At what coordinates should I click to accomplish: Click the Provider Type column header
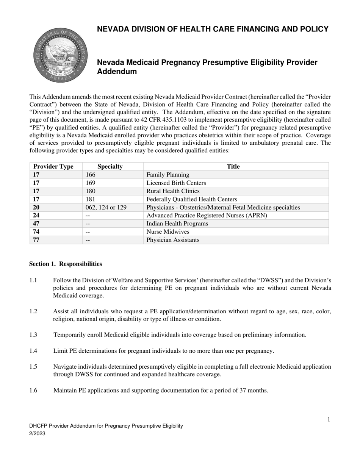tap(53, 166)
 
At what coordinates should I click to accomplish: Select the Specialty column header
tap(110, 166)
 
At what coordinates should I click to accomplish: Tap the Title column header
tap(233, 166)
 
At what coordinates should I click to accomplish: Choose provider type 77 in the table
tap(36, 240)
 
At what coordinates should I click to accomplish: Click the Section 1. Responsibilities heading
tap(66, 264)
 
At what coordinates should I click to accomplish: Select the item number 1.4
tap(33, 351)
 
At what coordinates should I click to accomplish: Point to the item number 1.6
tap(33, 390)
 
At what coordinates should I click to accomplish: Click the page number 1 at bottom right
tap(329, 419)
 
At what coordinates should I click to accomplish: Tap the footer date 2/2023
tap(37, 434)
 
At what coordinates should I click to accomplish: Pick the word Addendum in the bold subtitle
tap(117, 71)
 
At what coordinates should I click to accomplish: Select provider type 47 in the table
tap(36, 224)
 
